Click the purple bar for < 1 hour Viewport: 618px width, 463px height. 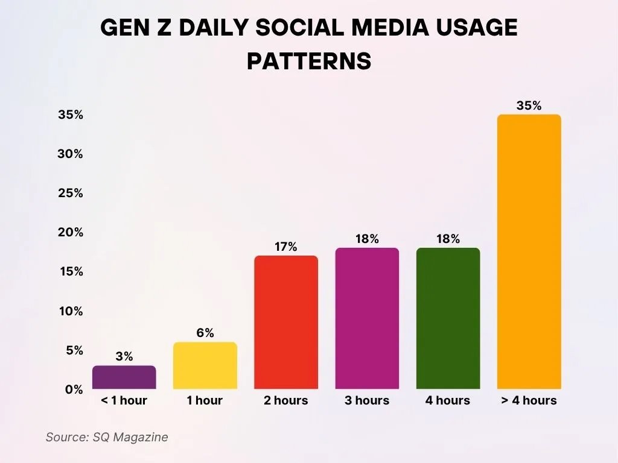point(124,377)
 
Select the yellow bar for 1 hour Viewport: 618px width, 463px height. point(205,365)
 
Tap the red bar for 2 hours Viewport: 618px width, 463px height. point(286,323)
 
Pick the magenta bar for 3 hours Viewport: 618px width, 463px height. point(367,318)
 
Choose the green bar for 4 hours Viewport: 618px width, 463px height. point(448,318)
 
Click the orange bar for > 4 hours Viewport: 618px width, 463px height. point(529,252)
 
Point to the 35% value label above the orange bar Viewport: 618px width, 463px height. point(529,106)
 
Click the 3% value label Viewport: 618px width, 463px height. point(124,356)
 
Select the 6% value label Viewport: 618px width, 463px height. point(205,333)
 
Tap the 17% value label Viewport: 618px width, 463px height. point(286,247)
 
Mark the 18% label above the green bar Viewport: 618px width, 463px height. point(448,239)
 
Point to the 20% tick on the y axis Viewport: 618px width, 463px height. point(70,233)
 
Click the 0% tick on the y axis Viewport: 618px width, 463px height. point(74,389)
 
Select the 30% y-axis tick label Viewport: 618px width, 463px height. point(70,154)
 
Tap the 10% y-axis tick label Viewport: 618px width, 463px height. point(70,311)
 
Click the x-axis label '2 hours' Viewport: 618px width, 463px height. point(286,400)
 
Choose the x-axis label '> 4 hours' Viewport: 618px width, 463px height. point(529,400)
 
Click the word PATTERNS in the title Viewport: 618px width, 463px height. point(309,61)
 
